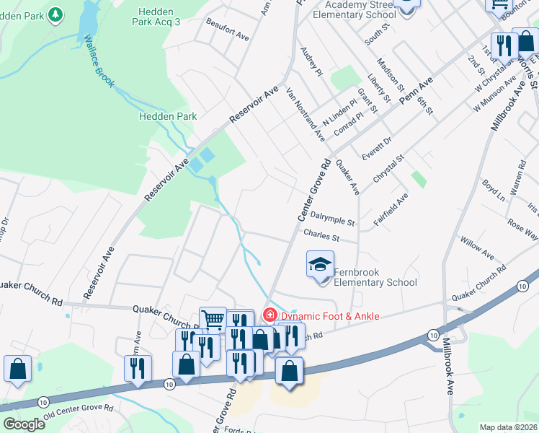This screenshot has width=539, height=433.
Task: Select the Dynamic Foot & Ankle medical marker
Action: pyautogui.click(x=269, y=315)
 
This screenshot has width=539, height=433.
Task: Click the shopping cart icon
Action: pyautogui.click(x=213, y=319)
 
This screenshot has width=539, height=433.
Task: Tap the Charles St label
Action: pyautogui.click(x=321, y=235)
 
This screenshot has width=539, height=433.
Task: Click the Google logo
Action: pyautogui.click(x=24, y=424)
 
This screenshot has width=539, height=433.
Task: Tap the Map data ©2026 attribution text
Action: pyautogui.click(x=508, y=427)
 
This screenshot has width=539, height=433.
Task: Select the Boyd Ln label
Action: pyautogui.click(x=494, y=191)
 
